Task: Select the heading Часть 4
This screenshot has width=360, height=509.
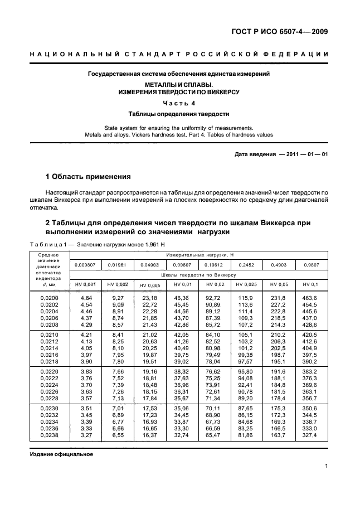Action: (x=179, y=103)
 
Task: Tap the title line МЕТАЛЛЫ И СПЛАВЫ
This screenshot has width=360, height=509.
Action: (x=179, y=85)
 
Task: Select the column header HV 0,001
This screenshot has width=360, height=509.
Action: (x=86, y=284)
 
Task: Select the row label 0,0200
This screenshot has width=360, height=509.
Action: (x=49, y=298)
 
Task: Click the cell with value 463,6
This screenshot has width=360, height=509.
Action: (x=309, y=298)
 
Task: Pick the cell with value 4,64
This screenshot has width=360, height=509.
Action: (x=86, y=298)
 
